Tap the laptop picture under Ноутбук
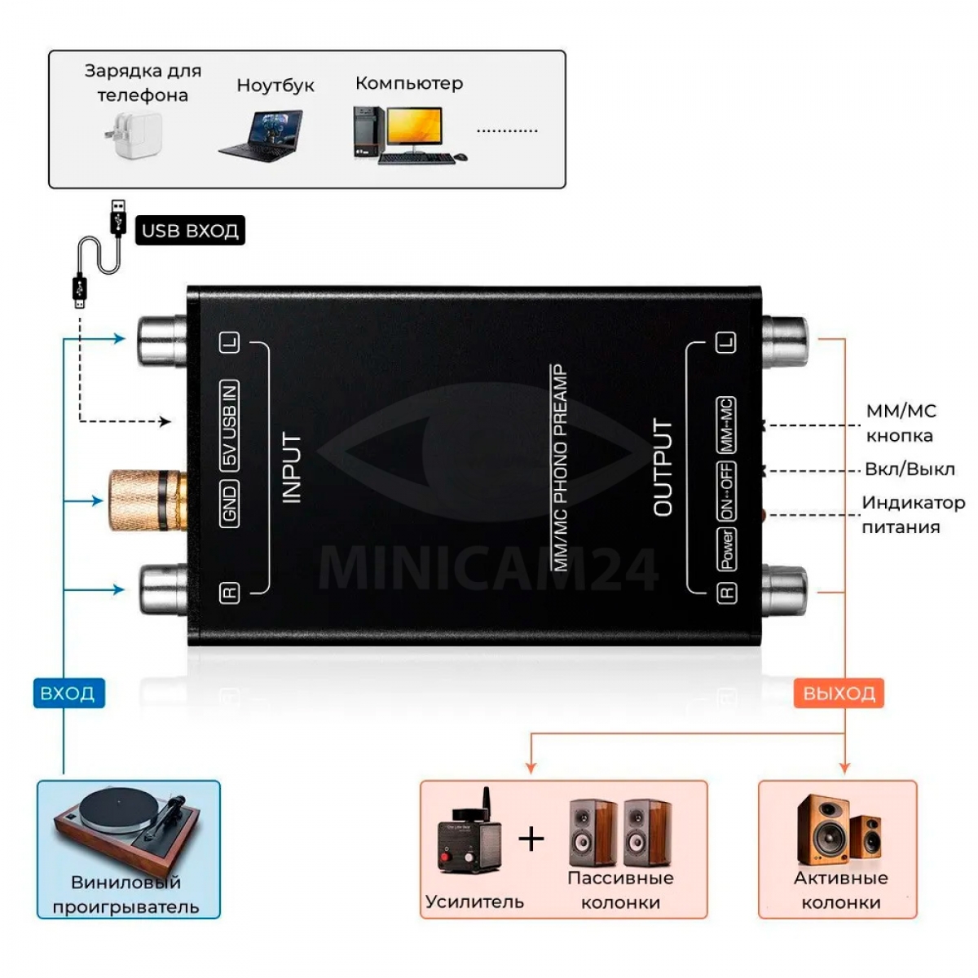(262, 134)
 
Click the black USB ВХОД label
(189, 231)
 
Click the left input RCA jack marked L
(163, 340)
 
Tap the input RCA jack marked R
(163, 589)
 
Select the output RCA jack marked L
(784, 340)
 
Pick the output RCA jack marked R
(784, 589)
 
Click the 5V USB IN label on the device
(231, 424)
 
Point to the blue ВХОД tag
(68, 694)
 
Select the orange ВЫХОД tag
(839, 694)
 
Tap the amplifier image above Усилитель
(469, 835)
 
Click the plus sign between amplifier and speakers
(531, 838)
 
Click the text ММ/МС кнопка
(900, 423)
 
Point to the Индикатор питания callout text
(913, 514)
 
